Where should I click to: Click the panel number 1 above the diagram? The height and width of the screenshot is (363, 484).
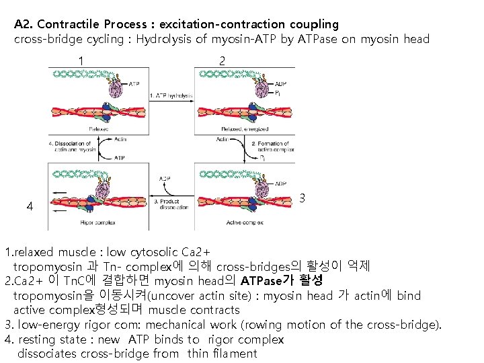click(81, 61)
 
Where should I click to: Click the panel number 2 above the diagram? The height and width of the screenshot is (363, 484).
click(222, 61)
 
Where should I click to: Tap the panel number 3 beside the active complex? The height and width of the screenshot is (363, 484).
click(302, 199)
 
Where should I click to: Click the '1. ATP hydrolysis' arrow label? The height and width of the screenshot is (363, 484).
click(170, 95)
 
